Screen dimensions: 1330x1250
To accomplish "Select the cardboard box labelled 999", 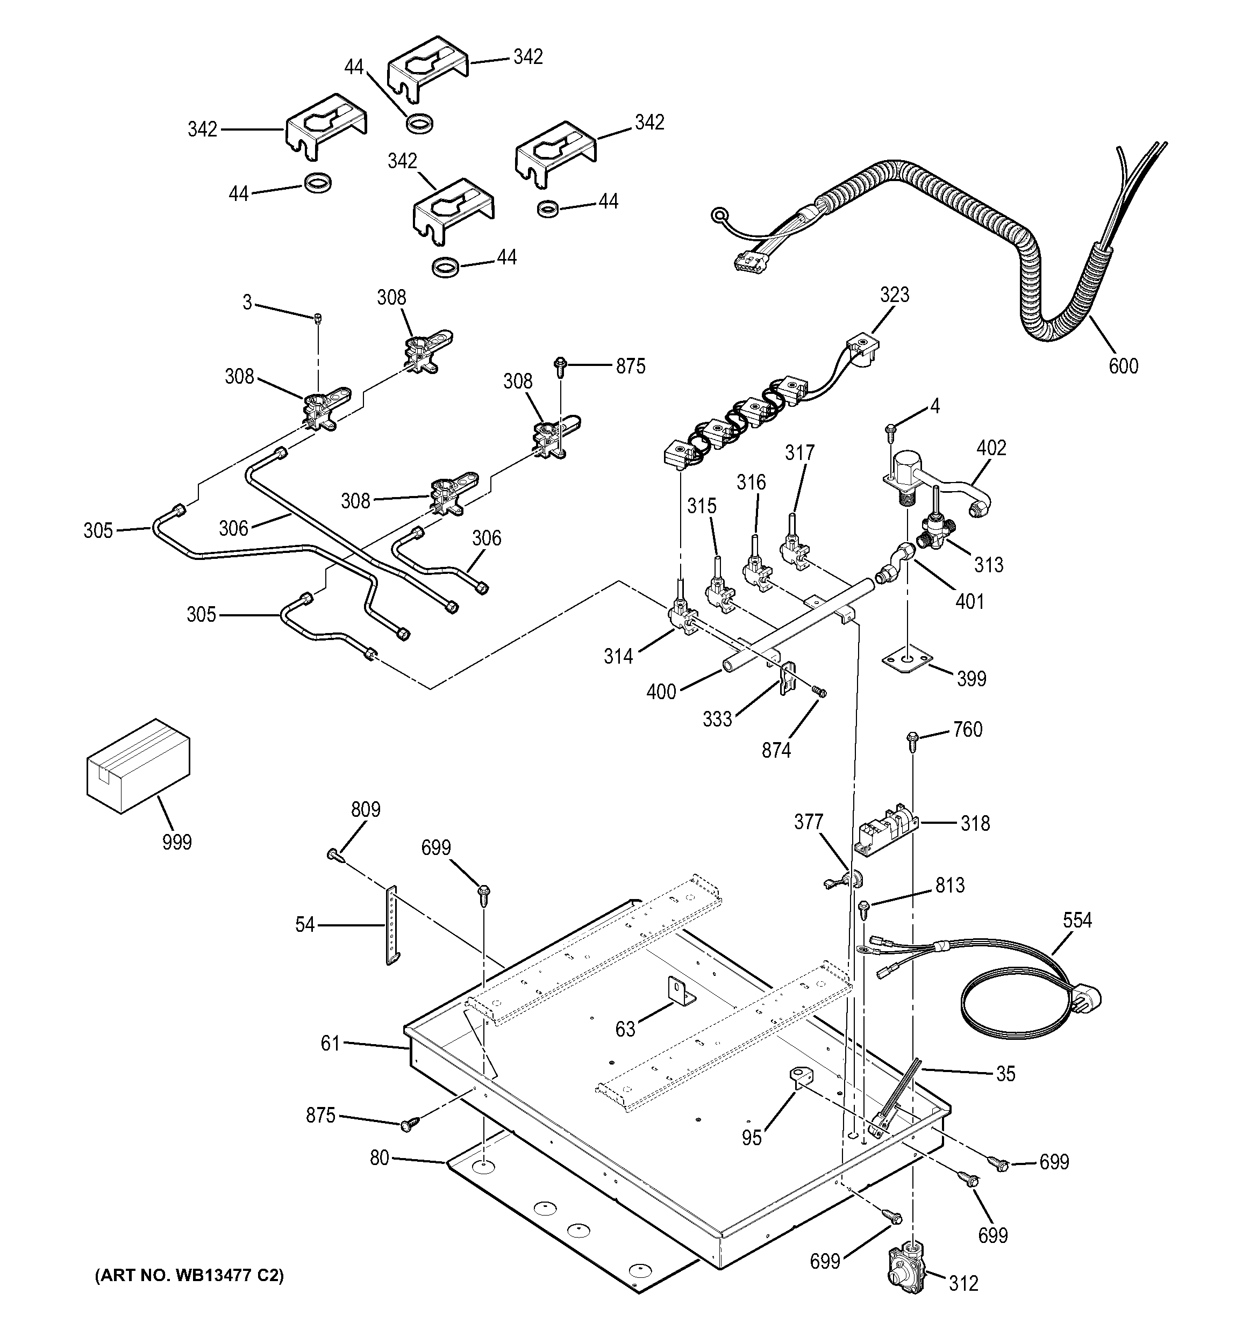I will click(x=138, y=766).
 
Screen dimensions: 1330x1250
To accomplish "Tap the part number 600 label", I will click(x=1123, y=366).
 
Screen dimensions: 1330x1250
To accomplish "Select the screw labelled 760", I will click(x=912, y=738).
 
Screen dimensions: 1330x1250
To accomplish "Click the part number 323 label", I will click(x=894, y=295).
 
